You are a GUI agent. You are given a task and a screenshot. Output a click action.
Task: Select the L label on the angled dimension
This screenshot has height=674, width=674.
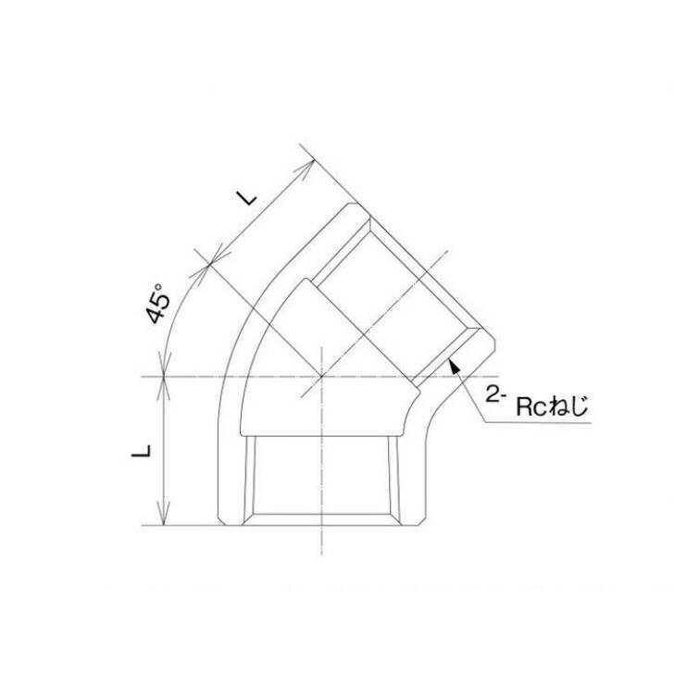tap(245, 196)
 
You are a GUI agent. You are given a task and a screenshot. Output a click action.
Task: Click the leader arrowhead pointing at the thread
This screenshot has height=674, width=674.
tap(453, 367)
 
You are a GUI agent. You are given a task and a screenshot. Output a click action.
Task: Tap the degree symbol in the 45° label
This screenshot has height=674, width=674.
tap(159, 287)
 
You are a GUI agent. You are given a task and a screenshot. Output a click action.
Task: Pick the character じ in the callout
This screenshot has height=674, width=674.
tap(580, 406)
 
